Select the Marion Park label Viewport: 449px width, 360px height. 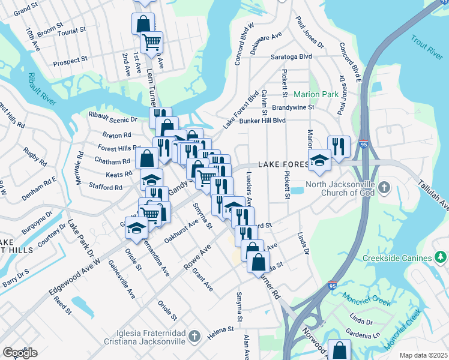pos(316,95)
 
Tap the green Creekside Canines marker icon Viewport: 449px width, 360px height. pos(441,258)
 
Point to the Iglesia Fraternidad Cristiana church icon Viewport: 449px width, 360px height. pos(193,337)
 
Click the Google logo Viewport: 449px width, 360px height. pos(20,353)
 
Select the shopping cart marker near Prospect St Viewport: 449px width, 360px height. pos(152,41)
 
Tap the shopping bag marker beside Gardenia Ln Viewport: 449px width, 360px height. pos(340,349)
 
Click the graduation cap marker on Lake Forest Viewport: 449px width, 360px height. pos(319,159)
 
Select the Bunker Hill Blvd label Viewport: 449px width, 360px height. pos(262,120)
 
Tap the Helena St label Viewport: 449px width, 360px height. pos(222,329)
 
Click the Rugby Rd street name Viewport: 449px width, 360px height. pos(35,157)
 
